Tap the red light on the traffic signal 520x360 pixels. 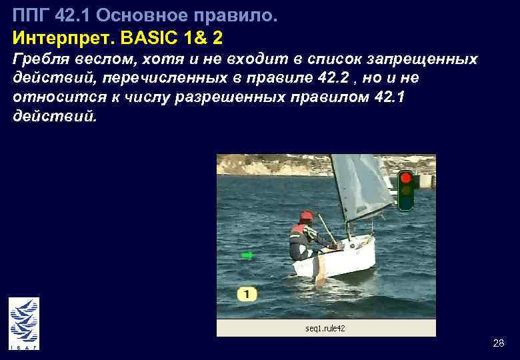406,178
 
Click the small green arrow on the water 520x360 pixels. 247,255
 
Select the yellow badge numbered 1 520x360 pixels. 246,293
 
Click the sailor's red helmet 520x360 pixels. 306,216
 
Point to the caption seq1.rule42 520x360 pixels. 325,329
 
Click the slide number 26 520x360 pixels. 498,343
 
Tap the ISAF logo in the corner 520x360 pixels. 24,323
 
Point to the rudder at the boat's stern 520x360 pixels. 320,270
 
